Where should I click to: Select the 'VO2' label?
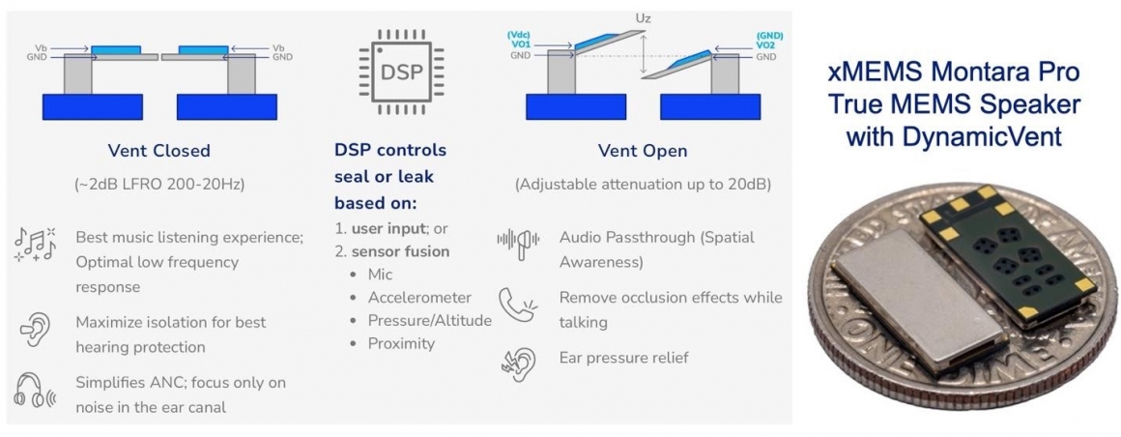point(765,45)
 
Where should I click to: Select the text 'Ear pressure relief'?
point(623,358)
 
